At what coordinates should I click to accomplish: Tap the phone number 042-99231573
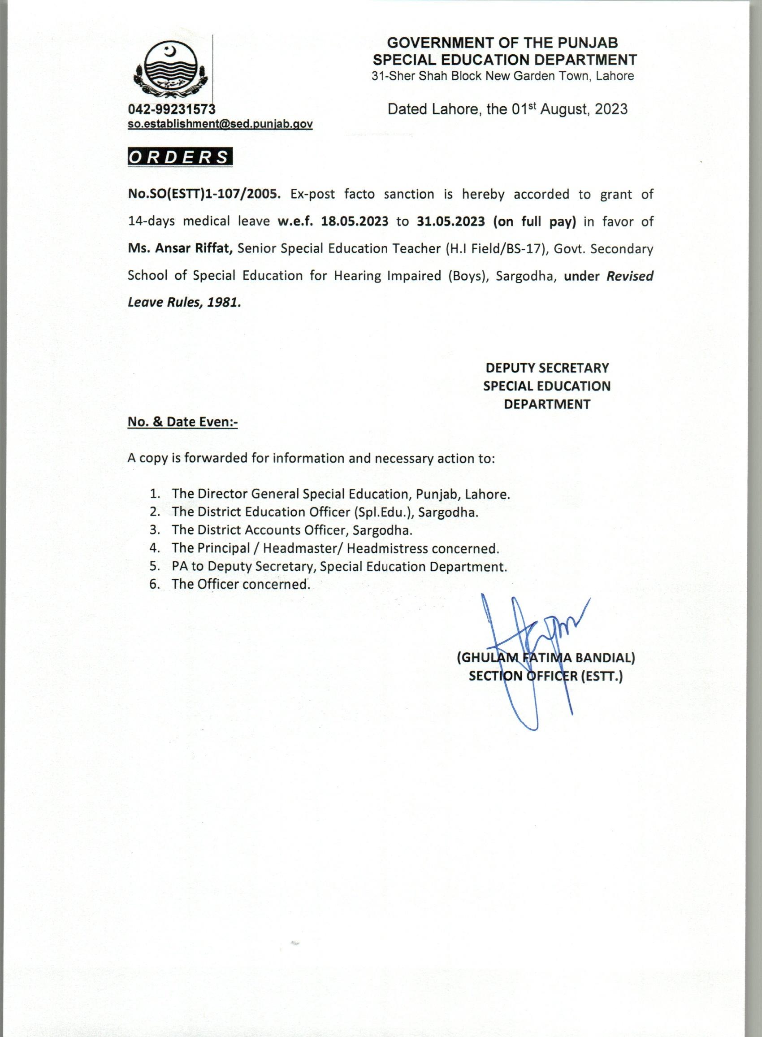coord(172,109)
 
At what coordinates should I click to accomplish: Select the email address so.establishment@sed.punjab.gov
coord(220,124)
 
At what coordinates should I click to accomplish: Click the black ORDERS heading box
coord(180,157)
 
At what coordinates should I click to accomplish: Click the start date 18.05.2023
coord(355,221)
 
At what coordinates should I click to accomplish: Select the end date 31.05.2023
coord(450,221)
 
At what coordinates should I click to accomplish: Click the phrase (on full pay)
coord(535,221)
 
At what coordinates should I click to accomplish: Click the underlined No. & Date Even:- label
coord(183,421)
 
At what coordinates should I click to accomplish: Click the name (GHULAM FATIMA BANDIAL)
coord(546,658)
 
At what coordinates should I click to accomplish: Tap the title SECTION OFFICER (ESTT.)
coord(546,676)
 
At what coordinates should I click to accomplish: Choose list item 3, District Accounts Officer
coord(291,530)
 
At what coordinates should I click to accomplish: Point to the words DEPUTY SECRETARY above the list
coord(547,368)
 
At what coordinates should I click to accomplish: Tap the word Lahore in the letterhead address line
coord(615,76)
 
